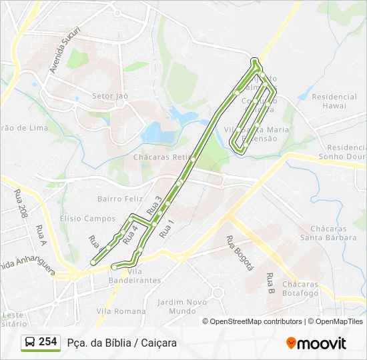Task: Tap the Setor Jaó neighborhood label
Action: (110, 97)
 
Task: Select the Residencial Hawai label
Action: (334, 101)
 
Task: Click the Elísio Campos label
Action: (87, 219)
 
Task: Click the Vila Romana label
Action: (121, 311)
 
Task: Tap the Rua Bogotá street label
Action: (240, 253)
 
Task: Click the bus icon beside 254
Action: (30, 342)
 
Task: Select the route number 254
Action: (47, 342)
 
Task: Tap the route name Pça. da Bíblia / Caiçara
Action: (122, 343)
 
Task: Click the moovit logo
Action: (316, 343)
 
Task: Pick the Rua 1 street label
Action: (167, 229)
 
